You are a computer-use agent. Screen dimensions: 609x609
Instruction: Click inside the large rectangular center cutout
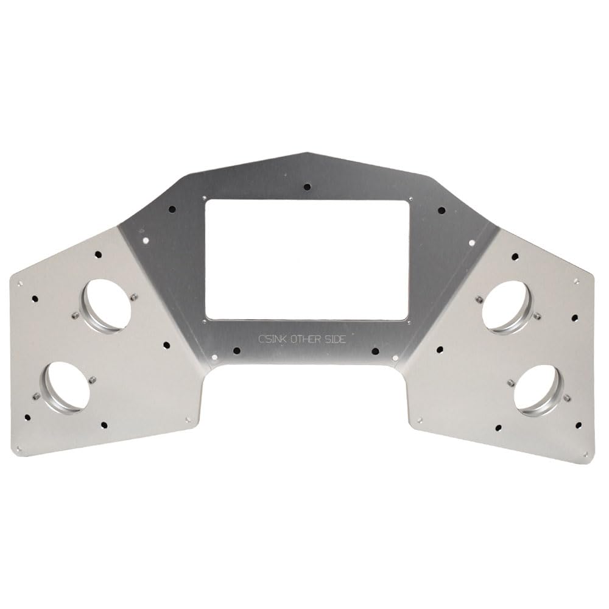coord(308,259)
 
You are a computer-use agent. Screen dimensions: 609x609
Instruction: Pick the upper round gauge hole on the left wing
coord(108,303)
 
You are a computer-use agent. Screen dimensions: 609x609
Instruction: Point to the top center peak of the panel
coord(308,153)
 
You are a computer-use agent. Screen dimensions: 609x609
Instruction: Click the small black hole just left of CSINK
coord(236,350)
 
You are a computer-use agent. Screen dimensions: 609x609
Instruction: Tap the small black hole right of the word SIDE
coord(375,350)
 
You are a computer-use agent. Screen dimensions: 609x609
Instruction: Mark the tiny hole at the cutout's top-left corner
coord(204,197)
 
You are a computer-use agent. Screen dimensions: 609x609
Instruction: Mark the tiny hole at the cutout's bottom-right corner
coord(409,323)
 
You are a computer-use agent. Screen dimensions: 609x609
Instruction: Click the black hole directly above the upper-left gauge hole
coord(97,256)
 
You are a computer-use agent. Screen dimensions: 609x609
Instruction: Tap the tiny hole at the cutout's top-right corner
coord(411,197)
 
